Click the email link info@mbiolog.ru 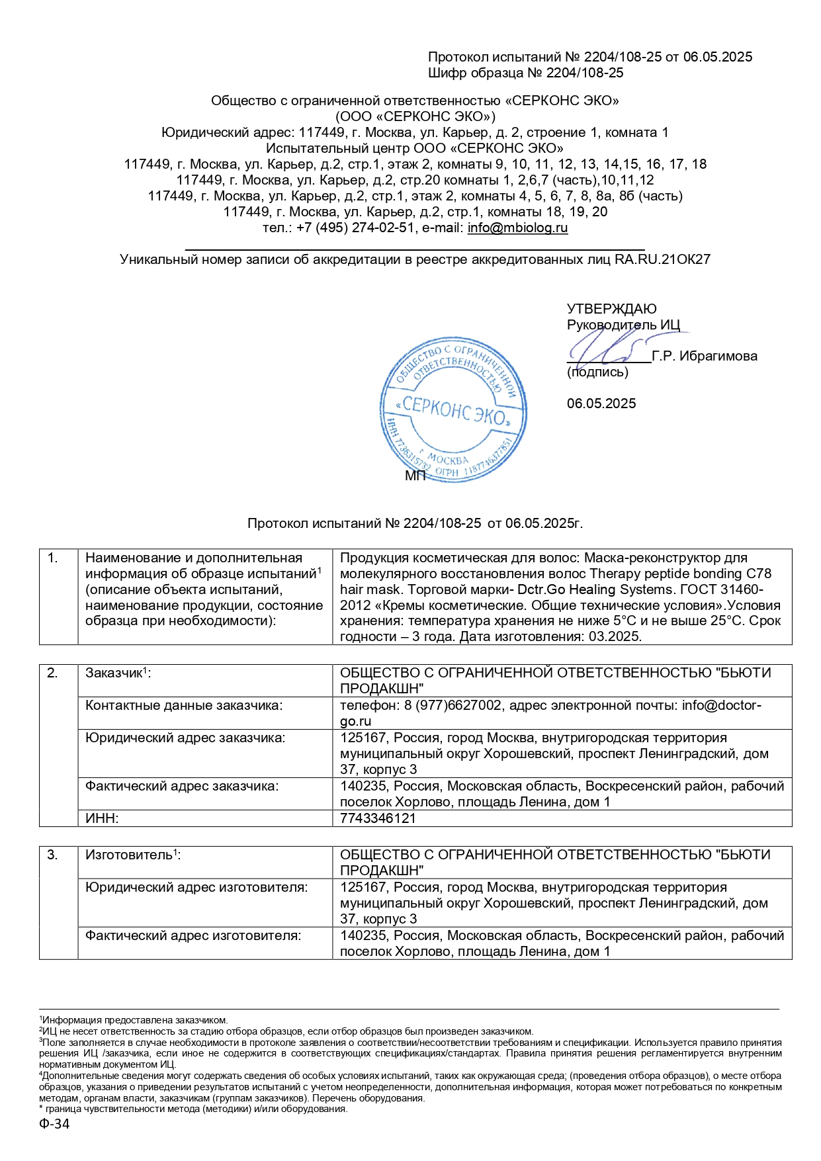click(x=517, y=228)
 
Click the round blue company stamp click(x=453, y=409)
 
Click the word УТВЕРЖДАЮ click(x=611, y=309)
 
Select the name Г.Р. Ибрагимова click(x=705, y=357)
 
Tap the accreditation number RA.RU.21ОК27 click(x=662, y=259)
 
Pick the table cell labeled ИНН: click(x=103, y=818)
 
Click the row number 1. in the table click(x=53, y=558)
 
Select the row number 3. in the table click(x=53, y=855)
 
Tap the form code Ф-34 click(x=54, y=1124)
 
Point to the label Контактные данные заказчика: click(x=184, y=706)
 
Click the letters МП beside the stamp click(x=415, y=476)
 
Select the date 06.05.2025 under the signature click(x=601, y=404)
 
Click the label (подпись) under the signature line click(x=597, y=372)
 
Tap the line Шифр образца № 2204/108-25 click(x=525, y=73)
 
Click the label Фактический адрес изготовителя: click(x=193, y=935)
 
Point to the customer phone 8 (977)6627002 click(x=453, y=706)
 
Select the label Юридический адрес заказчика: click(x=185, y=738)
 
